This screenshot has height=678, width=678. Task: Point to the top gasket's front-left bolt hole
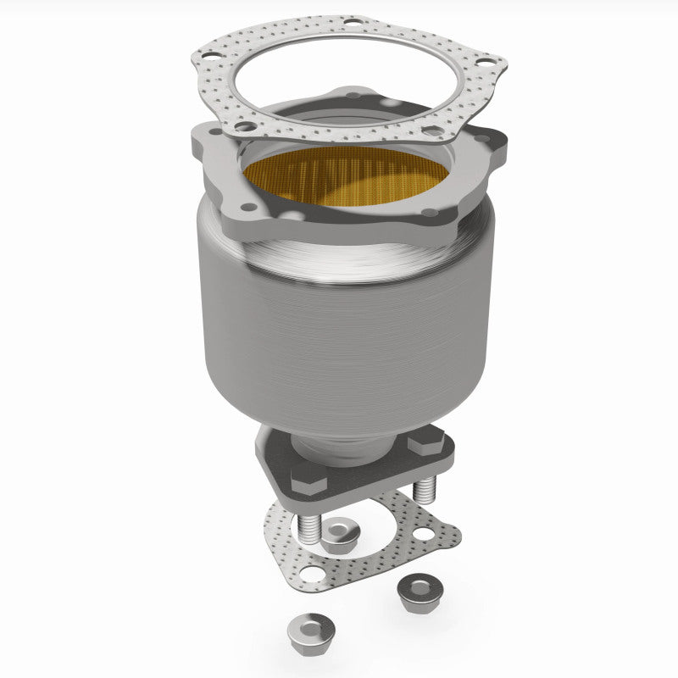[243, 126]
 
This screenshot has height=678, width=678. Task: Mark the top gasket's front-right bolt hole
[431, 131]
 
